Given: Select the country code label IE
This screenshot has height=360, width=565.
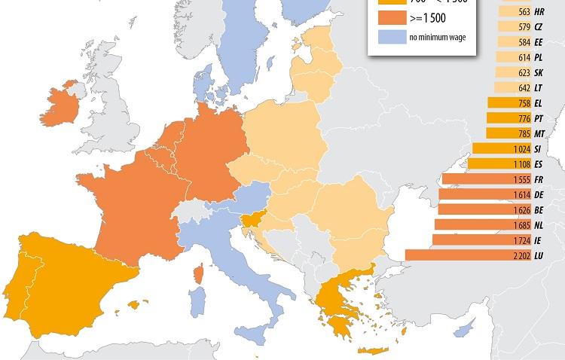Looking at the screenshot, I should click(539, 240).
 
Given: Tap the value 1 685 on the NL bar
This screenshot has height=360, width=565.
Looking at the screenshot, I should click(520, 224).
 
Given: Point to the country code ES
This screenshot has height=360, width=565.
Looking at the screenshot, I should click(539, 164).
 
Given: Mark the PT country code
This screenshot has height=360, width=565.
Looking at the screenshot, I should click(539, 119).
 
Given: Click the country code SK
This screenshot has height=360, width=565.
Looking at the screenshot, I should click(539, 73).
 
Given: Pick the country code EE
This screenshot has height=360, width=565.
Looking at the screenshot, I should click(539, 42).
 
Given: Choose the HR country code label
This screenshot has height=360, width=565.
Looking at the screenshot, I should click(539, 12).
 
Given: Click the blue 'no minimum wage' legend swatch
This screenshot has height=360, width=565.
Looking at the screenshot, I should click(389, 37).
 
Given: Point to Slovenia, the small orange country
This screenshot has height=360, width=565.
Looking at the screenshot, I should click(252, 220).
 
